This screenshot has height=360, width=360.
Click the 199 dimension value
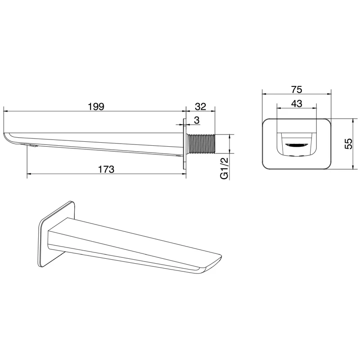[x=96, y=107]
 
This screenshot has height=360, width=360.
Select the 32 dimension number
[x=200, y=107]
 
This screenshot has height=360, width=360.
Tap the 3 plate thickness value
[x=197, y=120]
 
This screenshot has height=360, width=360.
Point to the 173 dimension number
[x=106, y=170]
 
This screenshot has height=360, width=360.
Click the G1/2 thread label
[x=225, y=168]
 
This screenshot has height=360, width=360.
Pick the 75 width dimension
[x=297, y=90]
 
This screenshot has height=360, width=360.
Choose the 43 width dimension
[x=297, y=103]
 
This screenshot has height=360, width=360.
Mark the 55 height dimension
[x=348, y=144]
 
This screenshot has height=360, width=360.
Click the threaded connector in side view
[x=201, y=144]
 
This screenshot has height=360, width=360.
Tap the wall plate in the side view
[x=184, y=144]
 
